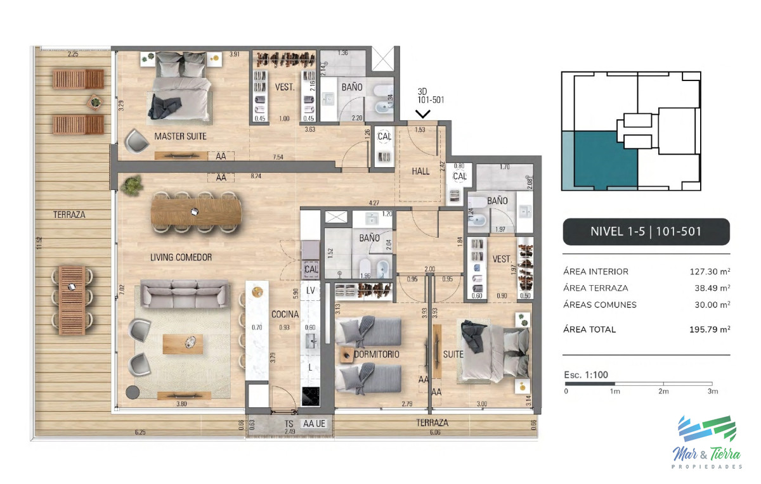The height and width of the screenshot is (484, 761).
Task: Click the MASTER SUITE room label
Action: pos(180,136)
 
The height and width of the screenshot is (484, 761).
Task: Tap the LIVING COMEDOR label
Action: pos(181,257)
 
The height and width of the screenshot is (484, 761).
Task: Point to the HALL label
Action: pos(420,171)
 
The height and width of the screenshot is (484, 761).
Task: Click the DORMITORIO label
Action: pos(377,355)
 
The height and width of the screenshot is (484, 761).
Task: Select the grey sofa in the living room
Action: pos(184,296)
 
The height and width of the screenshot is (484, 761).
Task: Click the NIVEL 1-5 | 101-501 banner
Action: pos(646,232)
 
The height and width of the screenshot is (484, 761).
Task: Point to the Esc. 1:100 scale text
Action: pos(585,375)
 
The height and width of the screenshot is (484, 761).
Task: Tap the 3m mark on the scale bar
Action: pos(712,392)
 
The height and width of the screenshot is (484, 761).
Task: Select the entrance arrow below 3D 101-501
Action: pos(423,114)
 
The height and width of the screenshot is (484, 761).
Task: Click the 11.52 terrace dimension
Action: pos(39,242)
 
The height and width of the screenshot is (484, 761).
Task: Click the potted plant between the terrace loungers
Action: pos(95,101)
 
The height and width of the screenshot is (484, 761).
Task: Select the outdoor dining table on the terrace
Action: pos(72,300)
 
